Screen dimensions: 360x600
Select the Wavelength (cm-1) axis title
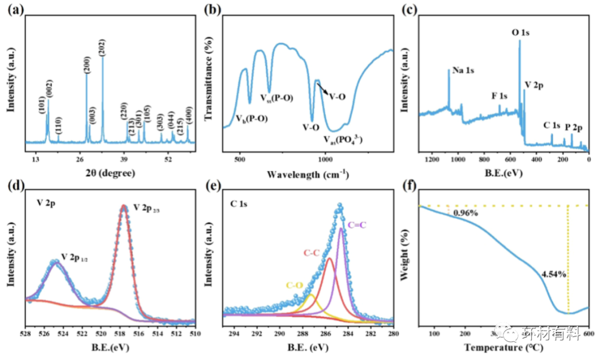(x=308, y=173)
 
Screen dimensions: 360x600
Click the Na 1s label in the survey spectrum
(x=463, y=71)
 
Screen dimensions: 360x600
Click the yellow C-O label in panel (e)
(x=294, y=286)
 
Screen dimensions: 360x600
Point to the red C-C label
(x=312, y=253)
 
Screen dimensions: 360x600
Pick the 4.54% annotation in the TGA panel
(x=554, y=274)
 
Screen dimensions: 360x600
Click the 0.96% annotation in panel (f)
(x=464, y=212)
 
